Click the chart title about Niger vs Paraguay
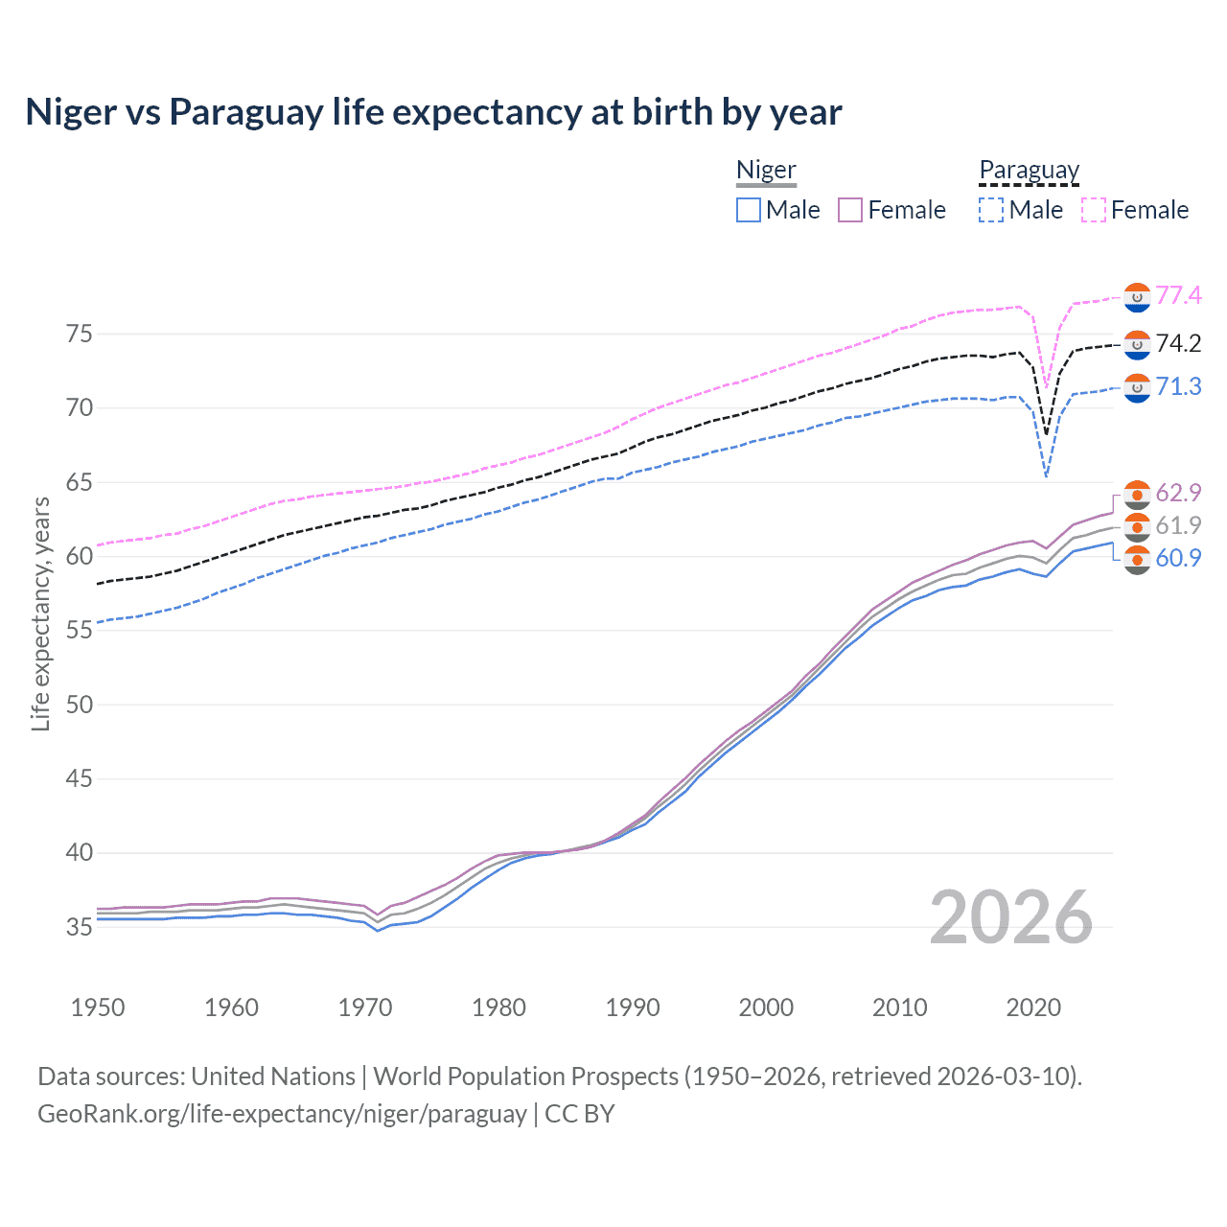click(433, 112)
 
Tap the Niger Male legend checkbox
click(749, 210)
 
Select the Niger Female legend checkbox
click(850, 210)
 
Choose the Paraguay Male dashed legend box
click(991, 210)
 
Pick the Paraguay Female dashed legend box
click(1094, 210)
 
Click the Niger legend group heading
click(766, 170)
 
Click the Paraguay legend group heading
click(1029, 170)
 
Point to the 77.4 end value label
click(1178, 295)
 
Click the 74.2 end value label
click(1178, 343)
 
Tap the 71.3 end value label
click(1178, 386)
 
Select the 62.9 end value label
click(1178, 493)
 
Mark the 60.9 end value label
click(1178, 558)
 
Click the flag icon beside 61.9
click(1137, 526)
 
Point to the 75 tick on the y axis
click(80, 334)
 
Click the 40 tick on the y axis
click(80, 852)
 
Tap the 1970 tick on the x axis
click(365, 1007)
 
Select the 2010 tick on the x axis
click(899, 1007)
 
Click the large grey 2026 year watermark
click(1011, 917)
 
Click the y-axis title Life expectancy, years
click(40, 613)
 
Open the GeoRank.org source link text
click(282, 1114)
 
